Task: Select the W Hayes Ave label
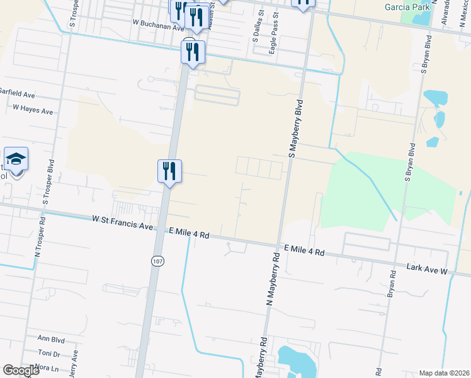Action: click(33, 110)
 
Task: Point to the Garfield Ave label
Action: click(17, 93)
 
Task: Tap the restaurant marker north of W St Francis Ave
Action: click(169, 170)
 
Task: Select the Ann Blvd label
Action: click(52, 338)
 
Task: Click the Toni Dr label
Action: click(48, 354)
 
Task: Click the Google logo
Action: click(21, 371)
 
